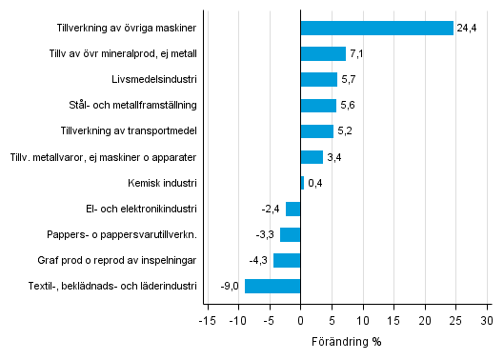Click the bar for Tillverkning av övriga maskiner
click(376, 28)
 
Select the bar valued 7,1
click(323, 53)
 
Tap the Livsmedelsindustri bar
click(318, 79)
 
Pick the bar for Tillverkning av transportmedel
click(316, 131)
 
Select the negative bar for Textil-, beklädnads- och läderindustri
click(272, 286)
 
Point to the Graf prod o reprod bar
click(287, 260)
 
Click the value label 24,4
click(466, 28)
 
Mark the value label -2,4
click(272, 209)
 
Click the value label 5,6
click(349, 106)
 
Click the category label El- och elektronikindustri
click(141, 209)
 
